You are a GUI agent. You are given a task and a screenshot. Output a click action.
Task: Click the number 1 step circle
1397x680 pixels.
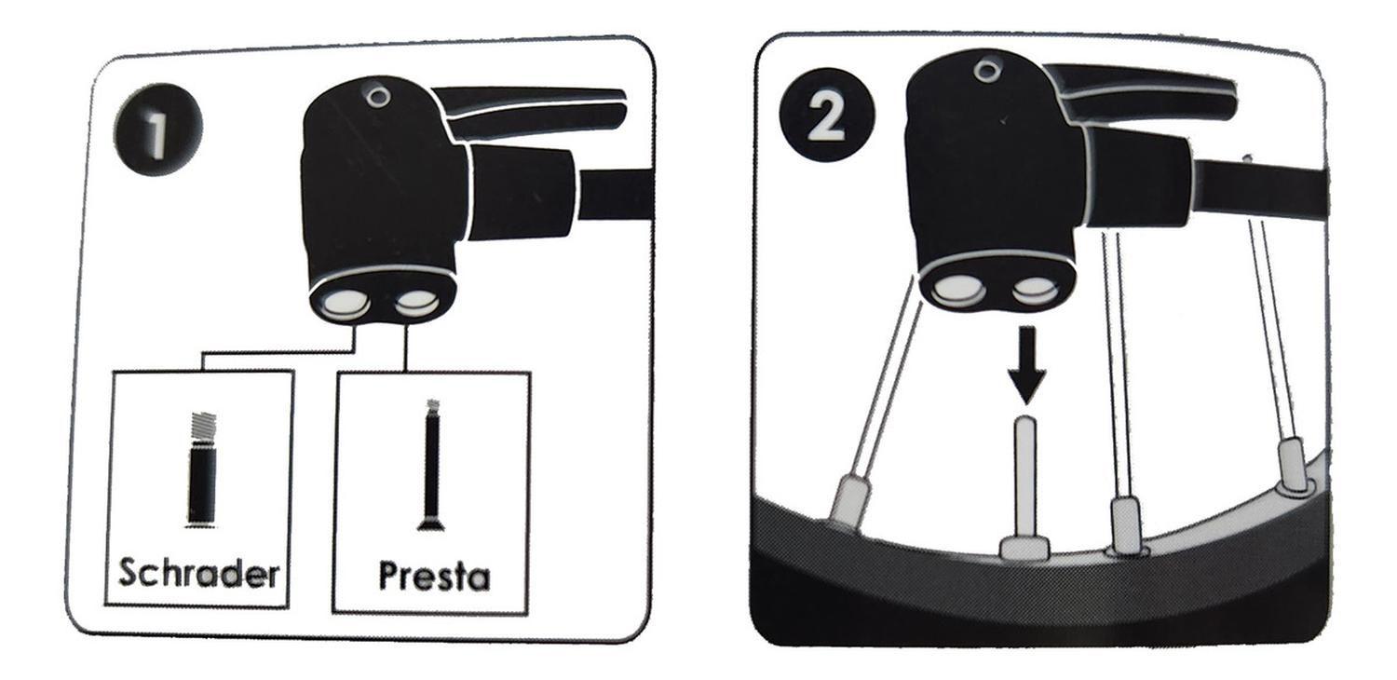tap(158, 129)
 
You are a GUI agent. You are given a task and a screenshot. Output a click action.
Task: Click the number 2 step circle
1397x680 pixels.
tap(827, 116)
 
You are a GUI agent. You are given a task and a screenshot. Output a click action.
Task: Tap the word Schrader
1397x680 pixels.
tap(199, 572)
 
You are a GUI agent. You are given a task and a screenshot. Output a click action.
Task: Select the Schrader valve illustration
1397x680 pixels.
tap(202, 469)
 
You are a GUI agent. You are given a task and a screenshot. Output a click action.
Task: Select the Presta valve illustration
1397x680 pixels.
tap(431, 466)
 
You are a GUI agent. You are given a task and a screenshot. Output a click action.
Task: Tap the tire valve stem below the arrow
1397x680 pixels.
tap(1025, 486)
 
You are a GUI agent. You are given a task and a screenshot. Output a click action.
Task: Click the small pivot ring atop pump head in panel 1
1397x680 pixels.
tap(377, 96)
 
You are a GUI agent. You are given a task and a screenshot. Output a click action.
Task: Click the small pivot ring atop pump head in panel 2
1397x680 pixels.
tap(985, 71)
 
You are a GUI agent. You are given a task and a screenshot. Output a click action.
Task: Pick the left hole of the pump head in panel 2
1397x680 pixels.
tap(958, 290)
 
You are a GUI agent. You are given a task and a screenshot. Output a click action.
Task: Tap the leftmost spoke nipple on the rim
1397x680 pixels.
tap(847, 498)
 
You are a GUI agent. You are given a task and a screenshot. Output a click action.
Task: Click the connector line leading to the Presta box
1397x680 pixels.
tap(406, 347)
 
